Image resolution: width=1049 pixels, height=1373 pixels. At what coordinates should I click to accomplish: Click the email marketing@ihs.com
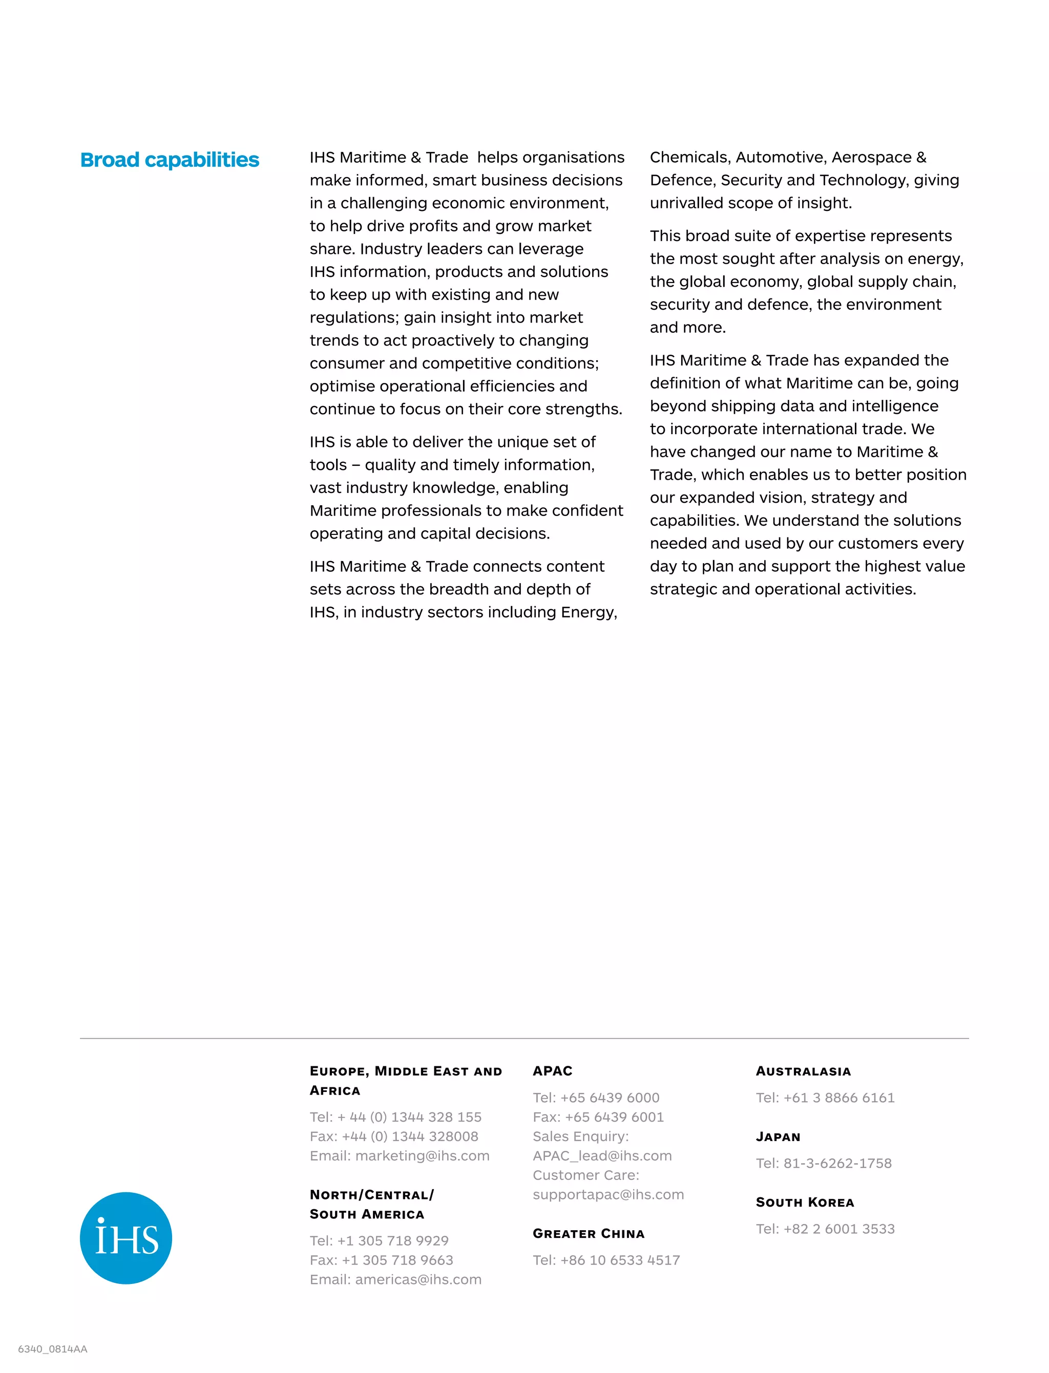pyautogui.click(x=422, y=1156)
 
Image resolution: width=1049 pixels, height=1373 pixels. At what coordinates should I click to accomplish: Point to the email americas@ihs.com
pyautogui.click(x=418, y=1279)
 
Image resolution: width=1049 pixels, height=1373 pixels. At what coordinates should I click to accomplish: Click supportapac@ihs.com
pyautogui.click(x=608, y=1194)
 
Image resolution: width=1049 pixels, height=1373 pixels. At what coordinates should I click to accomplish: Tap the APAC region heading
pyautogui.click(x=552, y=1071)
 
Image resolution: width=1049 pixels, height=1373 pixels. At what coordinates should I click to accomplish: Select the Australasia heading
pyautogui.click(x=803, y=1071)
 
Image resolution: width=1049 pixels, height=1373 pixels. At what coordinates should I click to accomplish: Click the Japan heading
pyautogui.click(x=778, y=1137)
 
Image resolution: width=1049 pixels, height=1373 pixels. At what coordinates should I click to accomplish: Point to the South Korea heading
pyautogui.click(x=804, y=1203)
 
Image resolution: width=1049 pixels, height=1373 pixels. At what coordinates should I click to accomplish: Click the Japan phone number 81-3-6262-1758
pyautogui.click(x=837, y=1163)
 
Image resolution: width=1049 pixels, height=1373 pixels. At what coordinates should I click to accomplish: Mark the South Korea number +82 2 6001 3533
pyautogui.click(x=838, y=1229)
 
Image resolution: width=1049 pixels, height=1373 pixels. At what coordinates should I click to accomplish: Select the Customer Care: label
pyautogui.click(x=585, y=1175)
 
